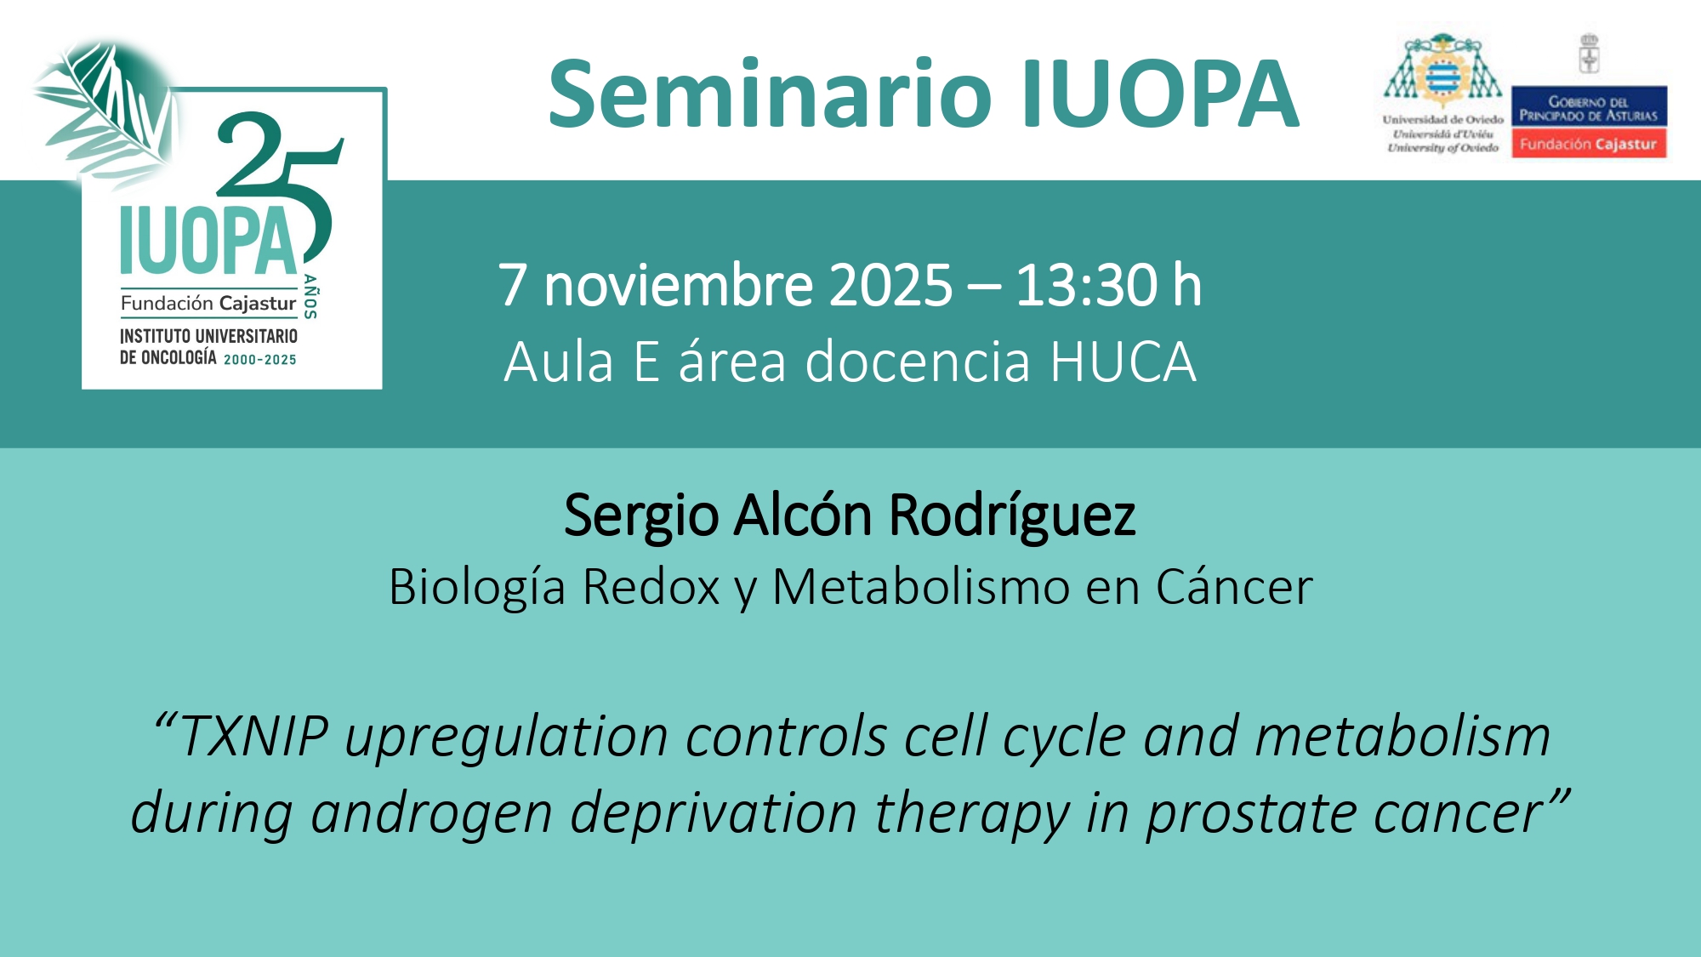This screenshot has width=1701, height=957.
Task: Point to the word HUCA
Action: tap(1124, 362)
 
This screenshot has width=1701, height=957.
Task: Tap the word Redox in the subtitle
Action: tap(651, 586)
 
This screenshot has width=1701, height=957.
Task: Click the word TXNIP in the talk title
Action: tap(254, 736)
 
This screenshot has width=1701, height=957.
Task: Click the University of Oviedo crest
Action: tap(1442, 71)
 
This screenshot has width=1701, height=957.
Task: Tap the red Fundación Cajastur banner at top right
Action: tap(1589, 144)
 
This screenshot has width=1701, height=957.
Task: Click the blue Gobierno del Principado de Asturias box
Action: tap(1589, 106)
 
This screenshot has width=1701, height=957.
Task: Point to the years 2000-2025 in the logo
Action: tap(260, 360)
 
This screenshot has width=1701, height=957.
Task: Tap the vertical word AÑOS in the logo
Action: tap(310, 297)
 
